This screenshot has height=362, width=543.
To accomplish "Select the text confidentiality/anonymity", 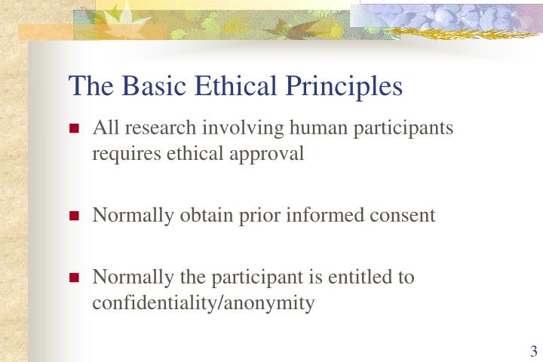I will [203, 303].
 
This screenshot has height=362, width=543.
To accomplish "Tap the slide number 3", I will [533, 351].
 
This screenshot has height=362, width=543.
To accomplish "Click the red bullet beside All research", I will [75, 129].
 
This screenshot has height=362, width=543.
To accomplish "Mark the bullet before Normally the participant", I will [75, 278].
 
